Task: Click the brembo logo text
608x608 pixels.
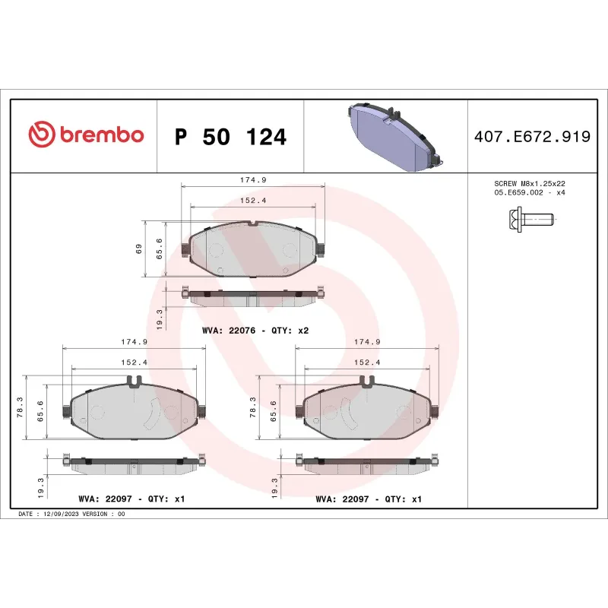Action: pyautogui.click(x=100, y=135)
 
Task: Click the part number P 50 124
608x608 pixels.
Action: pyautogui.click(x=230, y=138)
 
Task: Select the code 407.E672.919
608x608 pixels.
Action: pyautogui.click(x=531, y=138)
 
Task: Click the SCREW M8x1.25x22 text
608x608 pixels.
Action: pyautogui.click(x=530, y=184)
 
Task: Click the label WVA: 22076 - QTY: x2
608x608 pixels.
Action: pyautogui.click(x=255, y=331)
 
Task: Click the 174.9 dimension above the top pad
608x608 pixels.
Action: pyautogui.click(x=252, y=180)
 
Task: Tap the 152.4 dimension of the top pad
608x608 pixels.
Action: pyautogui.click(x=252, y=201)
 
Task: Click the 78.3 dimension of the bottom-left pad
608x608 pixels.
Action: pyautogui.click(x=21, y=407)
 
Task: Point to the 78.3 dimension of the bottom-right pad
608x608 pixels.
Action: pyautogui.click(x=254, y=407)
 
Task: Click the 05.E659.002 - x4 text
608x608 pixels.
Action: pyautogui.click(x=530, y=193)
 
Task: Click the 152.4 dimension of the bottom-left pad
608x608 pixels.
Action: pyautogui.click(x=134, y=363)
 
